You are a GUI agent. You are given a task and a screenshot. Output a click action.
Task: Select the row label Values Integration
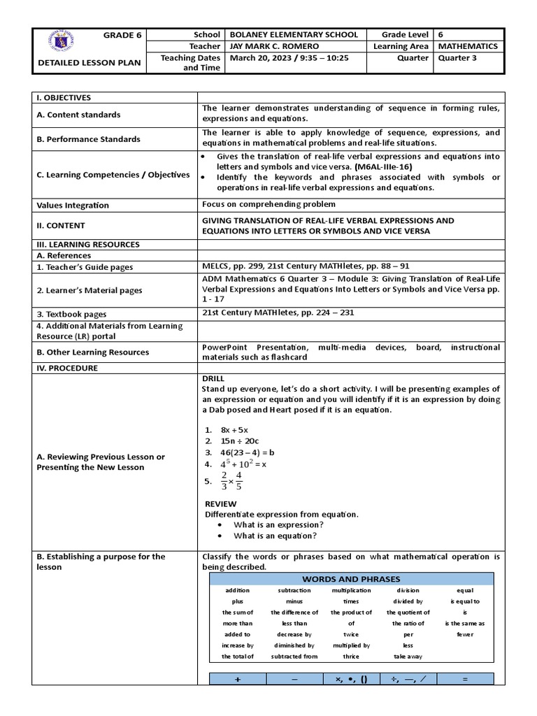(73, 206)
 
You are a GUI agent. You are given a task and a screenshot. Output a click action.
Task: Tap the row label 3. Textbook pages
(72, 315)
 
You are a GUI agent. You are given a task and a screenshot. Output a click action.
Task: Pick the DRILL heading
(213, 378)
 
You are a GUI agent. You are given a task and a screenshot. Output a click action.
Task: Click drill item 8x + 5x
(234, 429)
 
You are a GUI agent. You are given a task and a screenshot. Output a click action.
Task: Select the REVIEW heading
(220, 503)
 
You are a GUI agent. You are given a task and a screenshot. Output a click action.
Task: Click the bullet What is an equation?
(275, 536)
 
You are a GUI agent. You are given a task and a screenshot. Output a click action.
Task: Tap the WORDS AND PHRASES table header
(351, 579)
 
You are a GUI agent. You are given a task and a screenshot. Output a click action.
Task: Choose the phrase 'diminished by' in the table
(294, 645)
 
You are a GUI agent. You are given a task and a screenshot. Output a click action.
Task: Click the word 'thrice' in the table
(351, 657)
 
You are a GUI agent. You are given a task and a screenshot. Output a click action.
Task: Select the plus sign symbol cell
(238, 679)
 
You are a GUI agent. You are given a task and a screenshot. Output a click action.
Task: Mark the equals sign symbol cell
(465, 679)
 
